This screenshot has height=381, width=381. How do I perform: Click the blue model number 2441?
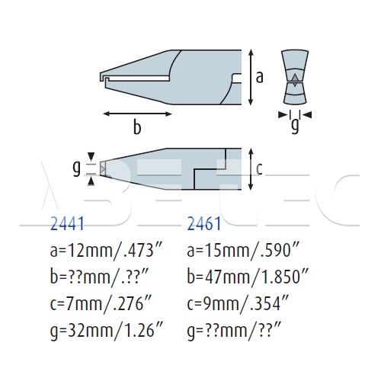tap(67, 224)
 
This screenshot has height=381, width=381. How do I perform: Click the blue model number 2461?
tap(204, 224)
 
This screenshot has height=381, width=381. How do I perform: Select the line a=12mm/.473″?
tap(106, 251)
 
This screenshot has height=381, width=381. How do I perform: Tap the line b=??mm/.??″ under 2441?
tap(99, 277)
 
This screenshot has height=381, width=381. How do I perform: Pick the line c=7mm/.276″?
tap(101, 304)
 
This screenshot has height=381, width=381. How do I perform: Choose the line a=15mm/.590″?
tap(243, 251)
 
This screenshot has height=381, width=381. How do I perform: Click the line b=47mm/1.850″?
tap(248, 277)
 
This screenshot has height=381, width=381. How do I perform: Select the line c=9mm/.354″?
tap(238, 304)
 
